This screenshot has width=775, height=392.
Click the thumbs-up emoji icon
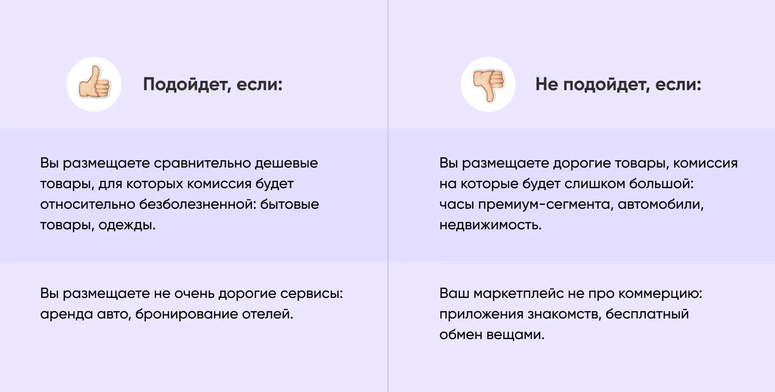(94, 84)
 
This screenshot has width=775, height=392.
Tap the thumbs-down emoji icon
(488, 84)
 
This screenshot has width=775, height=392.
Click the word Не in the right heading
(546, 84)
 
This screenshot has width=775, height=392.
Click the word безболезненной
(197, 204)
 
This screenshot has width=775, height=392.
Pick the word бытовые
(289, 204)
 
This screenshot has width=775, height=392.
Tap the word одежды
(127, 225)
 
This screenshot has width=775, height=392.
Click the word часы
(456, 204)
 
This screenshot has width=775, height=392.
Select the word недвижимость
(490, 225)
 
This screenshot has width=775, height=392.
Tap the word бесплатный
(647, 314)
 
